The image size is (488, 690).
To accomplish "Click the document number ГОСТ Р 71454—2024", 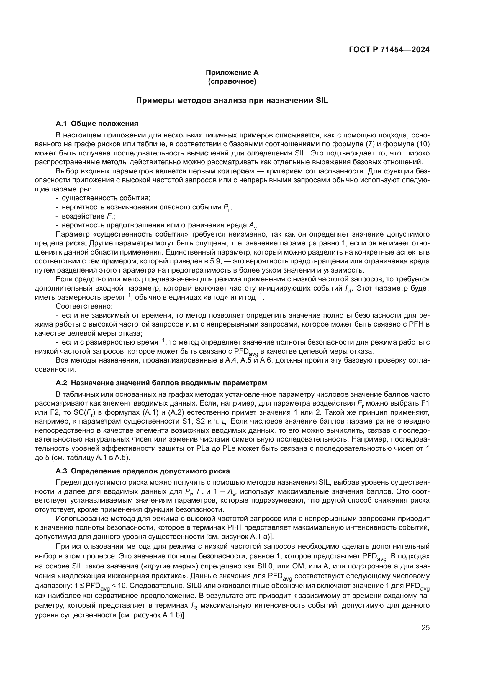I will tap(389, 50).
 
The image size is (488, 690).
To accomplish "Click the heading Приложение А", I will tap(232, 73).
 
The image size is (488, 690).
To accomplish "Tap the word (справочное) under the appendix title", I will tap(232, 81).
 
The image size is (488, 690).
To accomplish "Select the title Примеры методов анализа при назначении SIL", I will tap(232, 100).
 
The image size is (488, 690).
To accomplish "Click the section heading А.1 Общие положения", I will tap(97, 124).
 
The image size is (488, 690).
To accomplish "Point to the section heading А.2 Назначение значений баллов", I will tap(161, 383).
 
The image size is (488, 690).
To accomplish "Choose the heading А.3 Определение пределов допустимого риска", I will tap(143, 471).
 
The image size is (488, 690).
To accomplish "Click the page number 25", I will tap(425, 627).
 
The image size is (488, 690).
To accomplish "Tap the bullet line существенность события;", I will tap(106, 198).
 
